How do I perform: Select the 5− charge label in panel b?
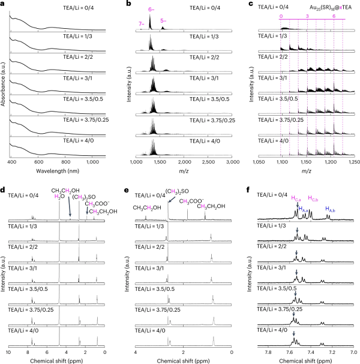pyautogui.click(x=164, y=20)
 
